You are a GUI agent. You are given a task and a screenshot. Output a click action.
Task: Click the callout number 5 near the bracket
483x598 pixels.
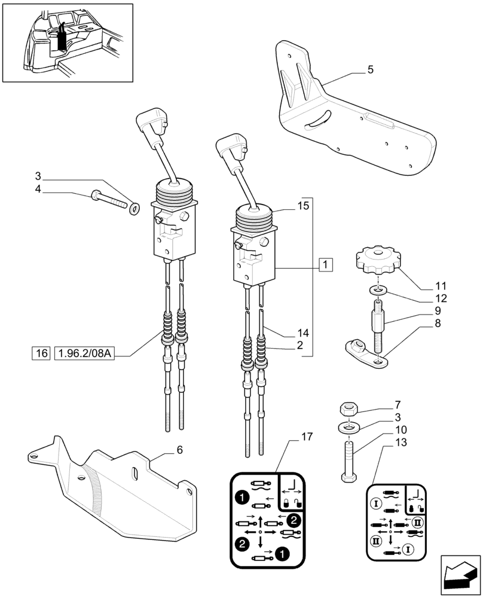(x=371, y=70)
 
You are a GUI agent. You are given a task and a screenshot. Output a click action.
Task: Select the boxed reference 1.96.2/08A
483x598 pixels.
(x=84, y=353)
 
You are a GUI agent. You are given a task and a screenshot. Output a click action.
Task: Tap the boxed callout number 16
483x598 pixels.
(x=41, y=353)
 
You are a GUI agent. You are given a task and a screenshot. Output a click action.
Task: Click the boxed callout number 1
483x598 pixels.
(x=326, y=263)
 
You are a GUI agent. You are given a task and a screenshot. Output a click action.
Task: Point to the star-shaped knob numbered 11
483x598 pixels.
(x=377, y=260)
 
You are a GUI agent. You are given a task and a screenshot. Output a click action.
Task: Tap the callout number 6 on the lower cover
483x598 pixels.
(x=179, y=450)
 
